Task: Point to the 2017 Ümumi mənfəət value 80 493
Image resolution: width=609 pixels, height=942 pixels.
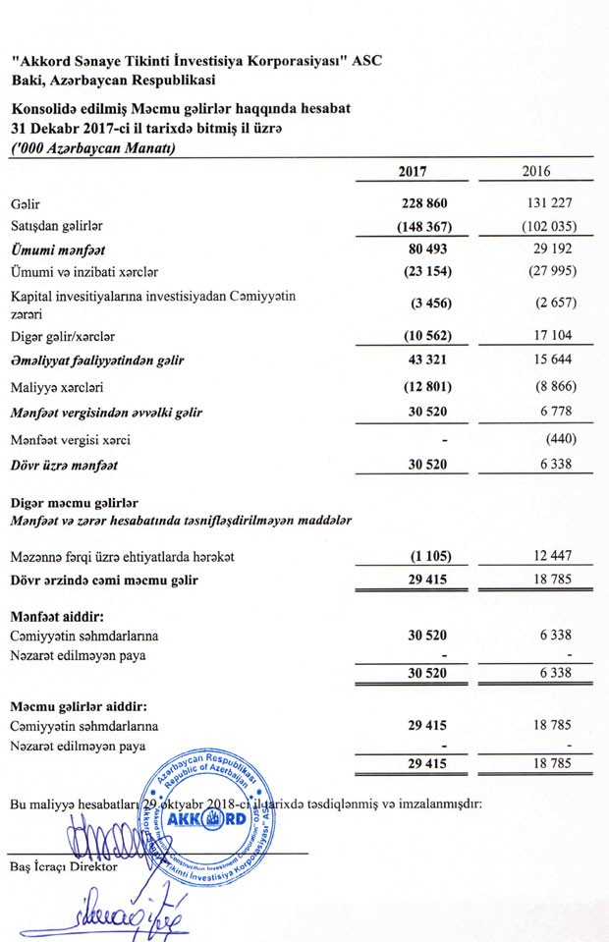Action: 428,249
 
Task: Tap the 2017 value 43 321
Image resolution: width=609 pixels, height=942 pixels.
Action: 428,360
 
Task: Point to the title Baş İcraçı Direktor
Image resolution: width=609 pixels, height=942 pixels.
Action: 64,867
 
